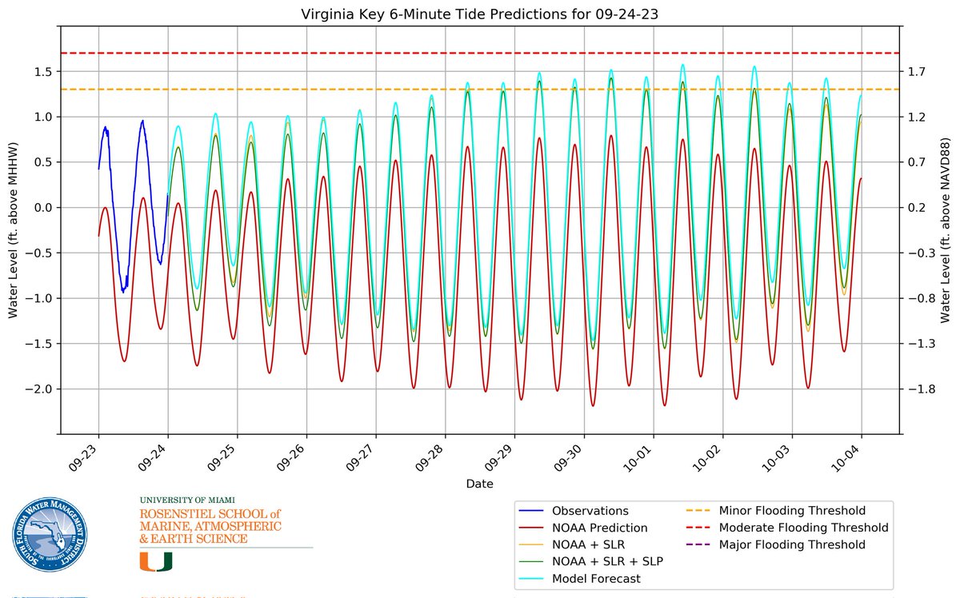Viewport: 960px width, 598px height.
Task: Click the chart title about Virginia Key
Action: (x=479, y=14)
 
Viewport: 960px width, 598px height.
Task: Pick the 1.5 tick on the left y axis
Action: (x=42, y=72)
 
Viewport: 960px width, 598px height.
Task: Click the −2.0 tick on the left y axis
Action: (x=39, y=389)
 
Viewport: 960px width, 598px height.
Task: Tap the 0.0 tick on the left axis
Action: (x=42, y=208)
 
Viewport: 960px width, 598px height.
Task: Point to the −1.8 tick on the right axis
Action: (x=918, y=389)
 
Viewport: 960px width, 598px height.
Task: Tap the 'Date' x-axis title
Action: (x=479, y=484)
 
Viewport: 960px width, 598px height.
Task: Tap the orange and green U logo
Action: (x=156, y=562)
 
